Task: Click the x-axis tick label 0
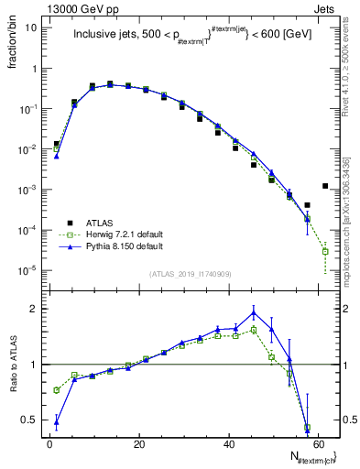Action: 49,444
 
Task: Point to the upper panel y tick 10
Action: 31,27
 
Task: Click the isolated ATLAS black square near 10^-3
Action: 325,186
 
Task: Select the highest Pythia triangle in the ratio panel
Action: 254,312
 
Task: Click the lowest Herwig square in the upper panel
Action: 325,251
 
